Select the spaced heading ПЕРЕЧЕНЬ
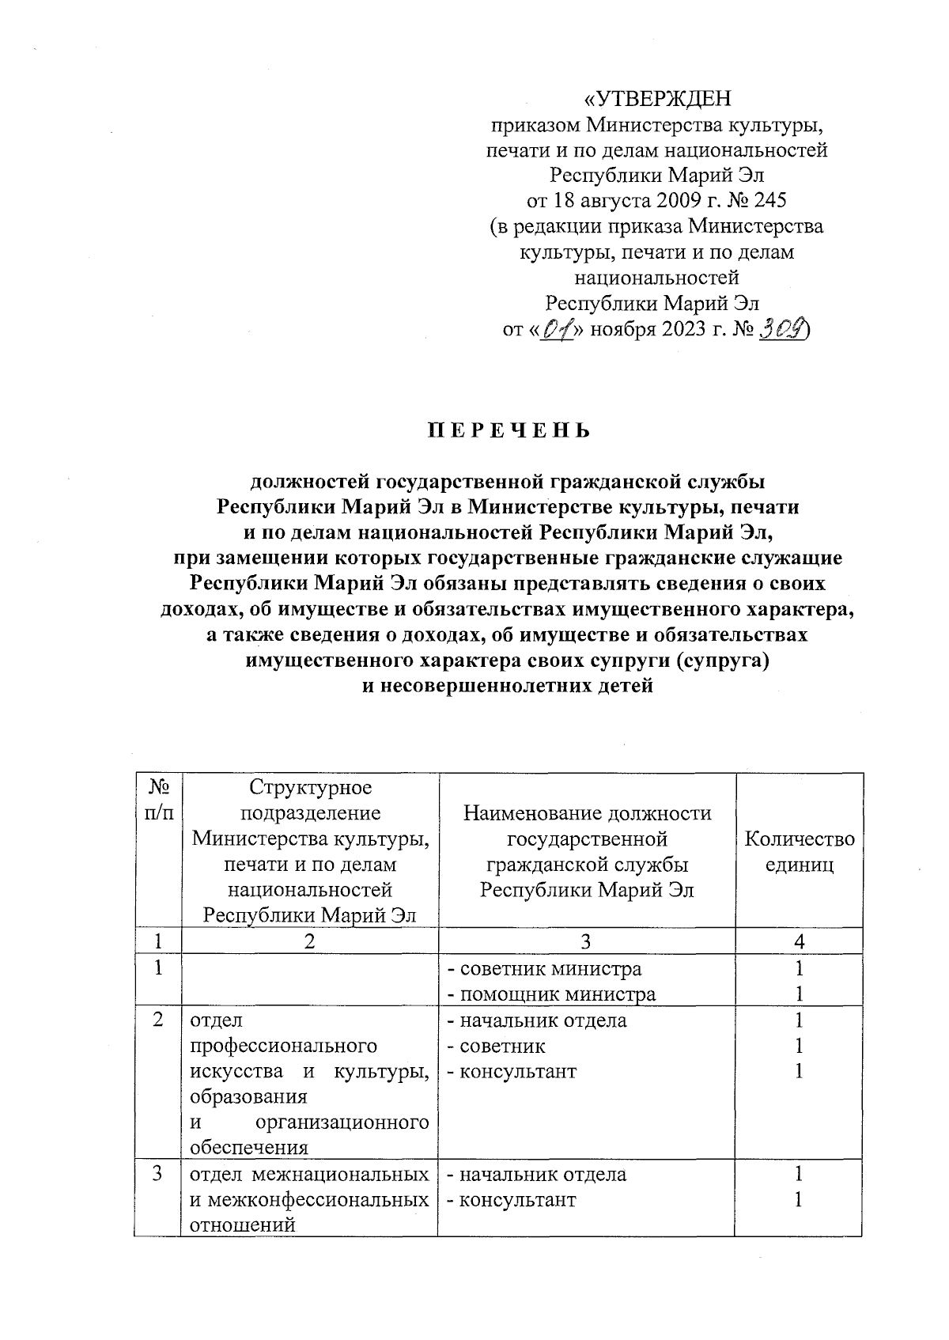click(509, 431)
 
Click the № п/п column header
click(159, 800)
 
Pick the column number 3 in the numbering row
click(585, 941)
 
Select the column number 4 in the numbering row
click(800, 941)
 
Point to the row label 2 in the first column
click(159, 1020)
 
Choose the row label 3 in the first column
click(159, 1174)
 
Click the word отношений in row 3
click(243, 1225)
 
